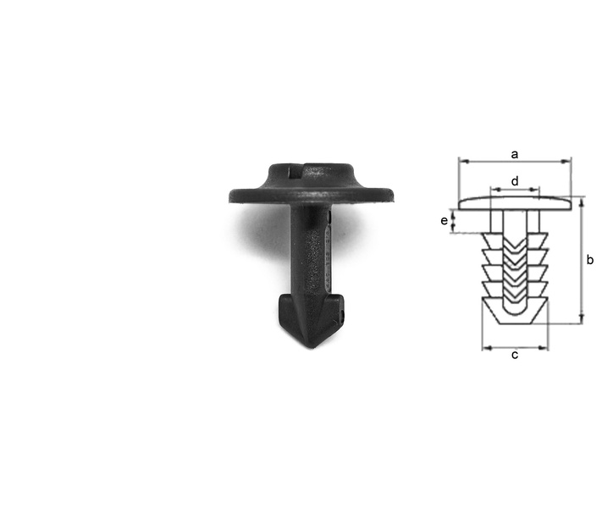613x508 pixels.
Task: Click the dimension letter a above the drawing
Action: (x=515, y=155)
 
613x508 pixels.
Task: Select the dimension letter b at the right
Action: (x=590, y=260)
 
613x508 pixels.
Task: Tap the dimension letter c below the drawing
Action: (x=515, y=355)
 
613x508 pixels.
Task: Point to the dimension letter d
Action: (x=515, y=181)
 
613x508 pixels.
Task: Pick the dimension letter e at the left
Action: (x=445, y=221)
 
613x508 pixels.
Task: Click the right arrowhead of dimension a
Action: (x=566, y=161)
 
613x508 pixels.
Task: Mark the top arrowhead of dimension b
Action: (x=582, y=202)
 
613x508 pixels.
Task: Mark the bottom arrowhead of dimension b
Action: (x=582, y=318)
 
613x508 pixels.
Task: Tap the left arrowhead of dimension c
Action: (x=487, y=348)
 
